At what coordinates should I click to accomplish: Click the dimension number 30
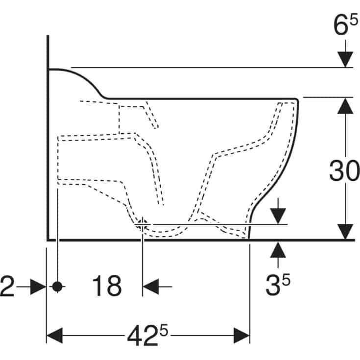(344, 170)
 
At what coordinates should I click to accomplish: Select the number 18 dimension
(107, 286)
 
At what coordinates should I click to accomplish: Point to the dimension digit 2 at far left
(7, 286)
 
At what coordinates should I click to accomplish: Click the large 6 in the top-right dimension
(340, 25)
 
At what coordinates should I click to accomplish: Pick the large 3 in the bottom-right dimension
(273, 286)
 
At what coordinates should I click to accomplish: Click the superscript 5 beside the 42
(164, 331)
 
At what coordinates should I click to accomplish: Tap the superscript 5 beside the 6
(353, 19)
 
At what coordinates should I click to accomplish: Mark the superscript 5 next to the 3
(286, 279)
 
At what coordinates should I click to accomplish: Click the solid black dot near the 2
(57, 287)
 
